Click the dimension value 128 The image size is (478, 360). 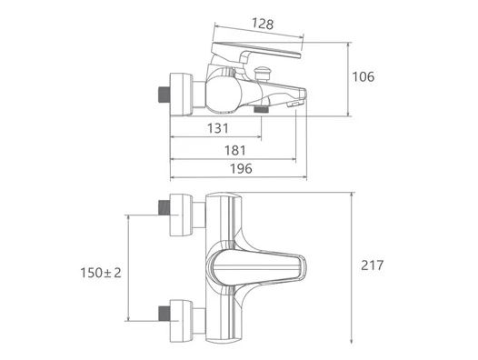click(x=263, y=24)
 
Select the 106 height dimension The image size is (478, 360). click(x=363, y=76)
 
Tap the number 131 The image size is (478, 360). click(x=218, y=128)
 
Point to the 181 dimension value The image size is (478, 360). click(x=235, y=150)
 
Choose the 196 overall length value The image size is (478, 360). click(x=241, y=168)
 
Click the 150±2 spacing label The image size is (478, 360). click(x=101, y=273)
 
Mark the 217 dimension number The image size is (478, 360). click(x=373, y=265)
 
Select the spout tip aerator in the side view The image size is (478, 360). click(x=294, y=105)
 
